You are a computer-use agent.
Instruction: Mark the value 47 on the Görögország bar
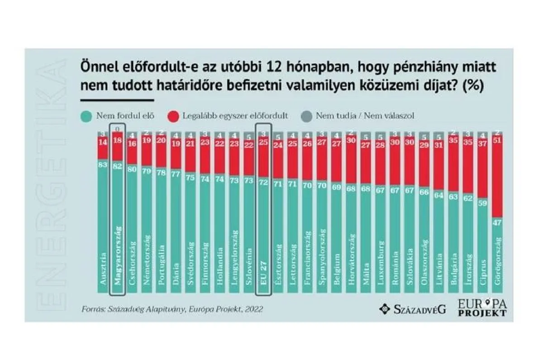tap(498, 223)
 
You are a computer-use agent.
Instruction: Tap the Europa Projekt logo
tap(482, 307)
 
